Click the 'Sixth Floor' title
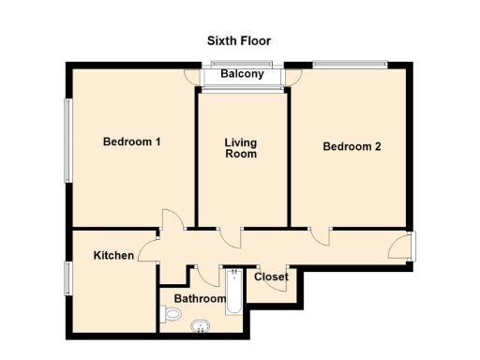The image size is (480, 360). [239, 41]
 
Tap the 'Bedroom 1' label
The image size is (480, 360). [132, 142]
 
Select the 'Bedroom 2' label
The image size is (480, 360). [352, 146]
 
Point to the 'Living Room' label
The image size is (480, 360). [241, 148]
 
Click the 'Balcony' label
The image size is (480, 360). [242, 74]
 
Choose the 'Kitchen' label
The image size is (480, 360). [112, 255]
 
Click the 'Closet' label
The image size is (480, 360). [271, 277]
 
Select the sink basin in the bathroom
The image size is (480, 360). [200, 326]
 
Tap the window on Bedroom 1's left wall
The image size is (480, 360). [67, 141]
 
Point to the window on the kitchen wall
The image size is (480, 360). [67, 278]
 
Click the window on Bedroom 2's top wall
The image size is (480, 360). [350, 64]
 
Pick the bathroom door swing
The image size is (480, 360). [206, 276]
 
